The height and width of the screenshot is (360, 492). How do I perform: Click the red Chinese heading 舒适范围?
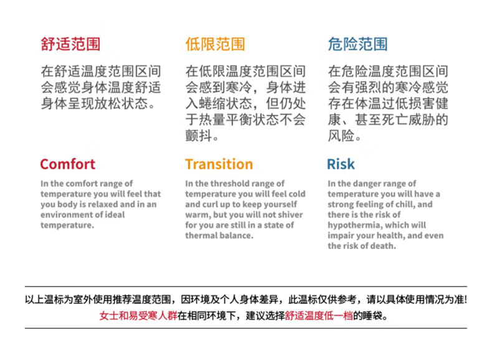coord(70,44)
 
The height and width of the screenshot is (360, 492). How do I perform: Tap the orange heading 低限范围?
coord(215,44)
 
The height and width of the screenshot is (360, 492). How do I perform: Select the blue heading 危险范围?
coord(357,44)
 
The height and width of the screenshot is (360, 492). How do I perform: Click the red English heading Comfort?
coord(68,164)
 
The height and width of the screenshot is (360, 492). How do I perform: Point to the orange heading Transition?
coord(219,164)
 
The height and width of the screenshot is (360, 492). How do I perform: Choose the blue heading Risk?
coord(341,164)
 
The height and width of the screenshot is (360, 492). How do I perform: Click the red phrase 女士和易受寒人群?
coord(138,315)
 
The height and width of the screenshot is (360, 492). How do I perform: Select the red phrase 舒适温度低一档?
coord(319,315)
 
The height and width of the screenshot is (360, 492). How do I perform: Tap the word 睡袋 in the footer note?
coord(372,315)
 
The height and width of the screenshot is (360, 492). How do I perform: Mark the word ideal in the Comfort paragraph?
coord(115,215)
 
